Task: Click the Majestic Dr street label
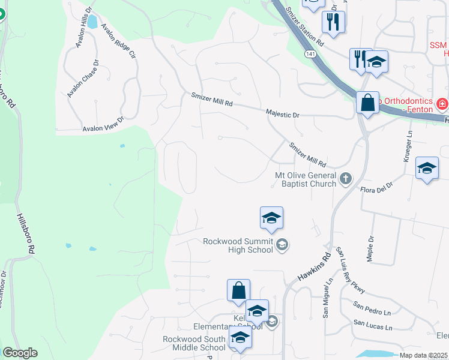coord(282,113)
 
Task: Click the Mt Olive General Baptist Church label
coord(305,179)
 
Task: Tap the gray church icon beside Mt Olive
coord(346,178)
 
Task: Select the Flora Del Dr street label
coord(376,186)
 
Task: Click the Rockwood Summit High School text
coord(238,245)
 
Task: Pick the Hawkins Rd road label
coord(315,268)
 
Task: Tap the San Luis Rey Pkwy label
coord(351,270)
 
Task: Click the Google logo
coord(20,353)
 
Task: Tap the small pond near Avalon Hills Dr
coord(92,23)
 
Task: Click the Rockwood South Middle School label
coord(193,343)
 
